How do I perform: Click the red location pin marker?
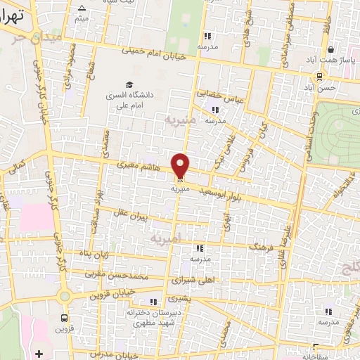pyautogui.click(x=181, y=165)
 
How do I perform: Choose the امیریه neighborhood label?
pyautogui.click(x=166, y=239)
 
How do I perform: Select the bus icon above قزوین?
pyautogui.click(x=65, y=317)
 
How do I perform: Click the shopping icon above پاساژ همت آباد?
pyautogui.click(x=331, y=49)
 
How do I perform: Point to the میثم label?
pyautogui.click(x=82, y=18)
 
